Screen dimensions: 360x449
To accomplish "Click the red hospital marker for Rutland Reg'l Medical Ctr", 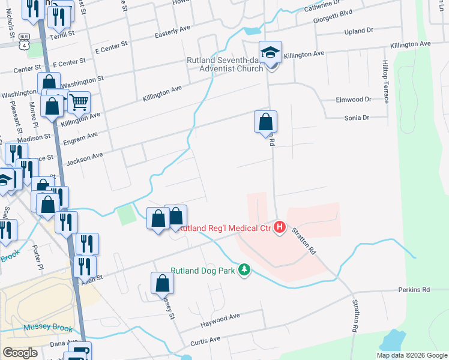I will coord(279,227).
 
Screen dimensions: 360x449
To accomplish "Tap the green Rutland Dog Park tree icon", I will coord(244,271).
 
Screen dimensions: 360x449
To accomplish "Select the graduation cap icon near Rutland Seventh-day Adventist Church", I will coord(271,53).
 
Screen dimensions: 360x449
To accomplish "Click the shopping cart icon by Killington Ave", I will coord(79,103).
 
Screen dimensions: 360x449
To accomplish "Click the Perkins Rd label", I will coord(414,290).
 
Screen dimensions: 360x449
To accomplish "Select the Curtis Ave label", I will coord(206,340).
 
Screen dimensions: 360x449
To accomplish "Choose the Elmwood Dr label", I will coord(355,100).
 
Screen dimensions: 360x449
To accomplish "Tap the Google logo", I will coord(20,353).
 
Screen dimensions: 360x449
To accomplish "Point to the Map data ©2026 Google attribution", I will coord(411,355).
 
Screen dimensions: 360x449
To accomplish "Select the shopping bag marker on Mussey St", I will coord(161,283).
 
